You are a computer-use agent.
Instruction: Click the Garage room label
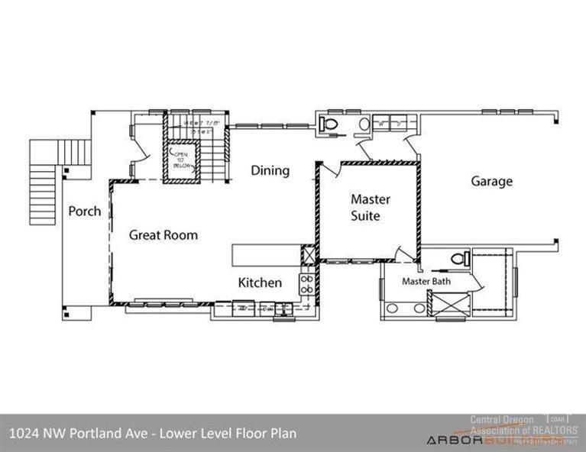pos(491,182)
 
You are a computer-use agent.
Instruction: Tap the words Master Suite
pos(371,207)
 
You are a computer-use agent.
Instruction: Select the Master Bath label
pos(426,281)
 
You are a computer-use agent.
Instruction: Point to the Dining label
pos(270,170)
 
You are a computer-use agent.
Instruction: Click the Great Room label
pos(163,235)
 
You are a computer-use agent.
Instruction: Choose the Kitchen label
pos(260,282)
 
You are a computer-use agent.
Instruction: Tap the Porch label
pos(84,211)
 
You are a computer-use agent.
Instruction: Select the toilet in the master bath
pos(458,258)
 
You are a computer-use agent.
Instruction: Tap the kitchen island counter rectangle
pos(268,254)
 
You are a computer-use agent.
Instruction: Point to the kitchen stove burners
pos(306,284)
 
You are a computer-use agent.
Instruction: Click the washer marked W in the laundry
pos(380,123)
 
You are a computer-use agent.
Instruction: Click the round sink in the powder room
pos(364,124)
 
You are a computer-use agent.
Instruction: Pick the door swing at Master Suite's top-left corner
pos(326,169)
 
